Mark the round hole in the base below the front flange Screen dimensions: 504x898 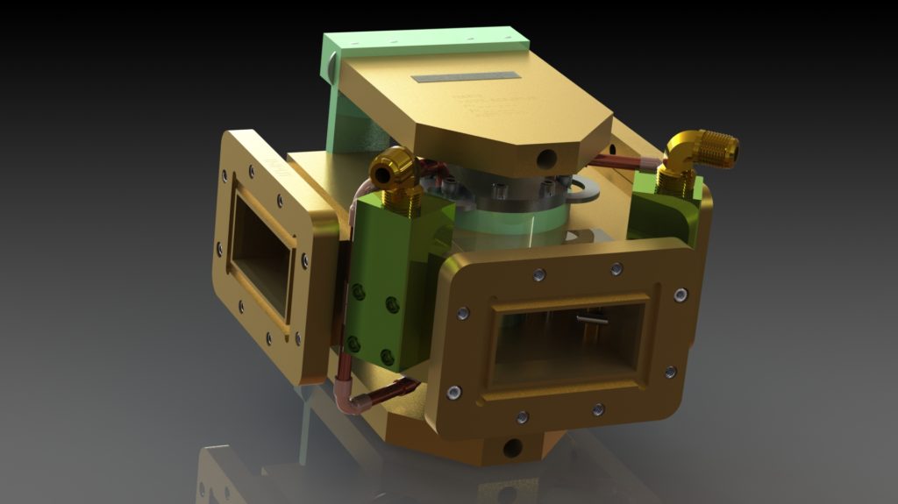(x=512, y=448)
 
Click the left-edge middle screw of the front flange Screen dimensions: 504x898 (x=462, y=313)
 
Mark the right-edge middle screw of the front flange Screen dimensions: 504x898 (x=670, y=372)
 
